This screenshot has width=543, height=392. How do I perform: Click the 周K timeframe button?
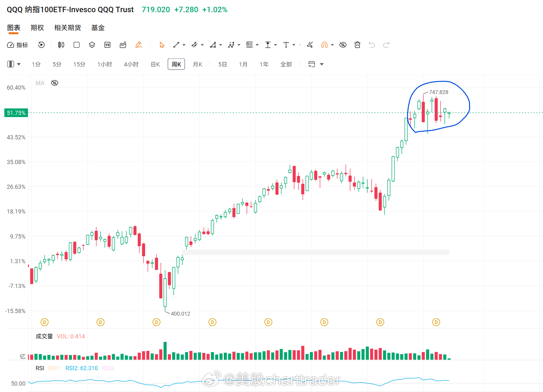coord(176,64)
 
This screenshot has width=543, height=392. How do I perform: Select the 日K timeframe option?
coord(155,64)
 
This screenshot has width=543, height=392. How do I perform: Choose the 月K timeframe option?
coord(197,64)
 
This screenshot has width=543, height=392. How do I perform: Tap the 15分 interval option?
coord(79,64)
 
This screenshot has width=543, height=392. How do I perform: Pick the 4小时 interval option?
coord(131,64)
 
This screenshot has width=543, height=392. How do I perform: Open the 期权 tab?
coord(37,28)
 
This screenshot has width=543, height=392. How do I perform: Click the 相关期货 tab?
coord(67,28)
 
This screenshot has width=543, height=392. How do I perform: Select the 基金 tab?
coord(98,28)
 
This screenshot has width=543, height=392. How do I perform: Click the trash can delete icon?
coord(357,45)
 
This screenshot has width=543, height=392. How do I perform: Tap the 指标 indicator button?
coord(17,45)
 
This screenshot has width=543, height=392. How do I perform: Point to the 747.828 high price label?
coord(439,92)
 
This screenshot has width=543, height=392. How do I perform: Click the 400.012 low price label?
coord(180,314)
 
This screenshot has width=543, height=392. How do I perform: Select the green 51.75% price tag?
coord(16,113)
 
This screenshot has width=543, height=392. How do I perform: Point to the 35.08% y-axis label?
coord(16,162)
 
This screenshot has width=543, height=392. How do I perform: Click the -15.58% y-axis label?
coord(15,311)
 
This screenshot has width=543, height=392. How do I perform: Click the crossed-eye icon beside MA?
coord(55,83)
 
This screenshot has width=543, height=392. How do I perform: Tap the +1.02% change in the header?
coord(215,10)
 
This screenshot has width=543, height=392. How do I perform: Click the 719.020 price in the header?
coord(156,10)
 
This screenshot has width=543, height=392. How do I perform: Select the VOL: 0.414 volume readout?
coord(71,336)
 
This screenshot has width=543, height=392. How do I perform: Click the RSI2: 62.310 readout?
coord(82,368)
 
